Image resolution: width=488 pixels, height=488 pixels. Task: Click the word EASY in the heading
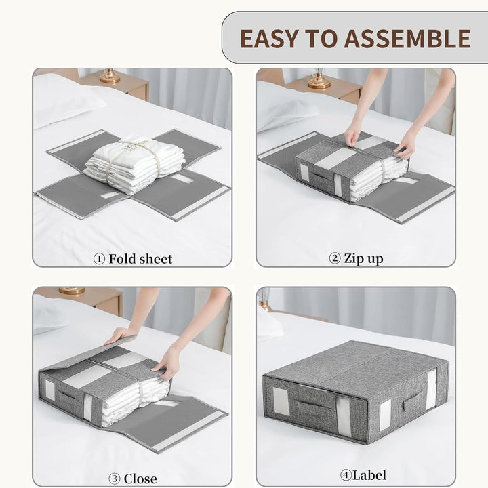268,38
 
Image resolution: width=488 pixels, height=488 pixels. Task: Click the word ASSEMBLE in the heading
407,38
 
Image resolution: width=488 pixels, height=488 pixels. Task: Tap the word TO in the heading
321,38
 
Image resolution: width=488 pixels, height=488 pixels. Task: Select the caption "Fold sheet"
140,259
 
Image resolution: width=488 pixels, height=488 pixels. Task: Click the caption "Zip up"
363,259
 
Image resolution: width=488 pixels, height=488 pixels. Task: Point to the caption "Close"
140,479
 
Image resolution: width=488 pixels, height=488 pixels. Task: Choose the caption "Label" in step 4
369,475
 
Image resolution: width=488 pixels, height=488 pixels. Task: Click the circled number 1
99,259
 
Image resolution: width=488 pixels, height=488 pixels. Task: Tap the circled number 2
335,259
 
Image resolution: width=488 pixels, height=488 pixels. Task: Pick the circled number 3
115,479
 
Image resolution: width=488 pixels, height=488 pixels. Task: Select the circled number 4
346,475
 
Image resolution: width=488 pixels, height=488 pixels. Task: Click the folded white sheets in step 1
134,162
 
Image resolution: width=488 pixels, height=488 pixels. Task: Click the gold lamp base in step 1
110,77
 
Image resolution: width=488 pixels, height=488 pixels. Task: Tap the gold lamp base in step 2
319,81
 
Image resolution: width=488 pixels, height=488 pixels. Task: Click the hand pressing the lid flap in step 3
122,335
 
